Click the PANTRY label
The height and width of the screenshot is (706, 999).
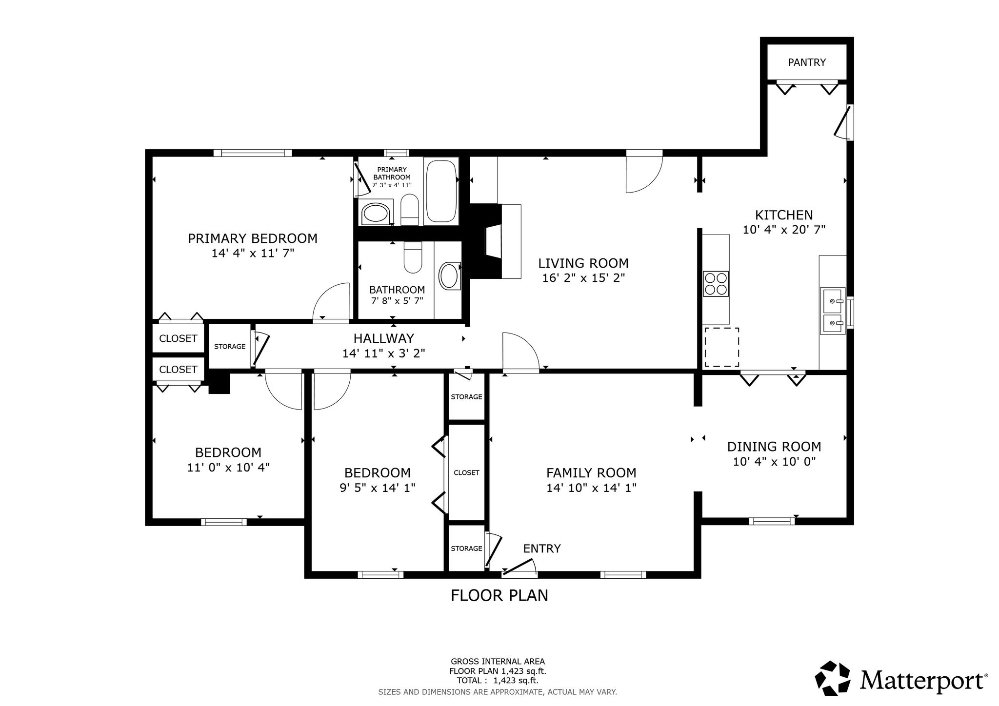tap(807, 62)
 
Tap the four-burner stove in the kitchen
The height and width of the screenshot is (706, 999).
tap(716, 284)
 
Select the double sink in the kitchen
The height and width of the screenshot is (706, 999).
tap(833, 311)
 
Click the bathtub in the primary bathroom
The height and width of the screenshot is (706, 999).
tap(441, 191)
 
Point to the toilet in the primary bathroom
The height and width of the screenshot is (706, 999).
tap(410, 210)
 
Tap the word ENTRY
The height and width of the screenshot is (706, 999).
tap(542, 549)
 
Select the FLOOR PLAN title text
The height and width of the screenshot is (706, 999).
tap(499, 595)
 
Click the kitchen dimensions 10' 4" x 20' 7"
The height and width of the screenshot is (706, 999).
tap(784, 230)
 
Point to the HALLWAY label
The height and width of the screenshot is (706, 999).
tap(383, 338)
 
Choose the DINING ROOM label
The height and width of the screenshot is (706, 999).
tap(774, 447)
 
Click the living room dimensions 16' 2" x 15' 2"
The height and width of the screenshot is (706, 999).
tap(583, 278)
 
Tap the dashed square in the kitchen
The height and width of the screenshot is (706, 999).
tap(721, 347)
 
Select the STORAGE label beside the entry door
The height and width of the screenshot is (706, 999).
tap(466, 549)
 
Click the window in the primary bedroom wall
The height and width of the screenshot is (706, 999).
tap(253, 153)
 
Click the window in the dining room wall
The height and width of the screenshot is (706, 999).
tap(772, 521)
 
